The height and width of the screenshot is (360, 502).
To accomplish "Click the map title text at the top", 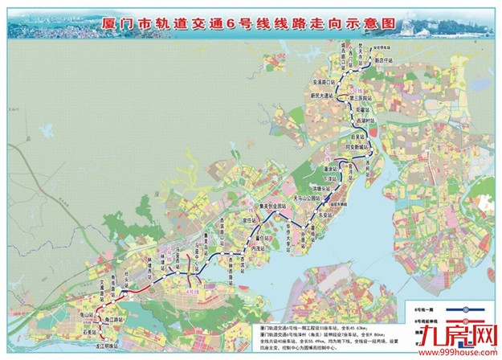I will pyautogui.click(x=250, y=24).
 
